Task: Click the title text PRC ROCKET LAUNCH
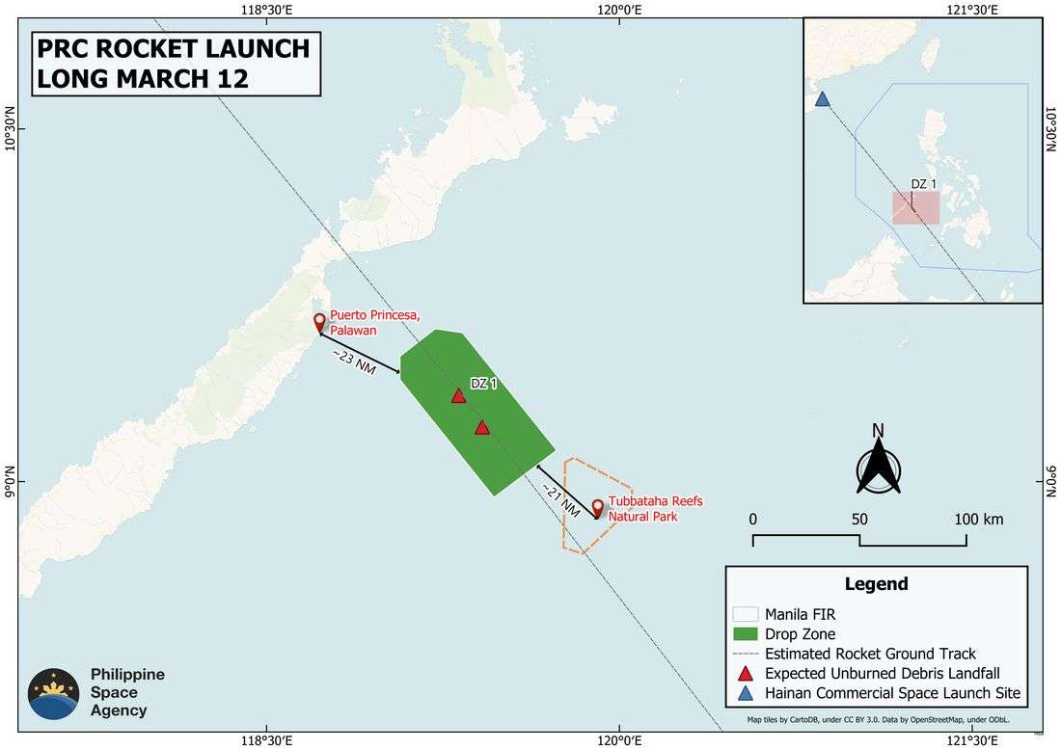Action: (x=173, y=48)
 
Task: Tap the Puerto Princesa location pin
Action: (x=320, y=322)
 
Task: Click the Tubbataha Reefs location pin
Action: (x=597, y=508)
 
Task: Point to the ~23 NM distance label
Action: (x=355, y=362)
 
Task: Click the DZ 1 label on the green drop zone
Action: (x=484, y=384)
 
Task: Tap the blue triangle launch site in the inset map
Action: (x=822, y=99)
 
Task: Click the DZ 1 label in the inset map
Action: (x=924, y=184)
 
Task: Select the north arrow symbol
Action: (x=878, y=466)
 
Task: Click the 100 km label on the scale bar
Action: (x=979, y=519)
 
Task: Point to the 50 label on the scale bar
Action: (x=859, y=519)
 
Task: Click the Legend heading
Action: (x=876, y=584)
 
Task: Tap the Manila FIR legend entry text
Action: (x=801, y=614)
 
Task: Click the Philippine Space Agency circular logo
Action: (x=54, y=693)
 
